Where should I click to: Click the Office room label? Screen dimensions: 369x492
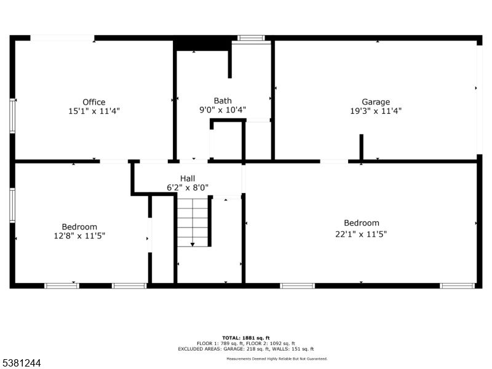click(x=94, y=102)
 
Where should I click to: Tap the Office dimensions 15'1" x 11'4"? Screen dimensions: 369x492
click(x=94, y=111)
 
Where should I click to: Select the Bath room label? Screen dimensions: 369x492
click(x=223, y=101)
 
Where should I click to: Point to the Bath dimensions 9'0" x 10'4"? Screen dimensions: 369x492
click(x=223, y=110)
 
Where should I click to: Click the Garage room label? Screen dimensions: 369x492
click(x=376, y=102)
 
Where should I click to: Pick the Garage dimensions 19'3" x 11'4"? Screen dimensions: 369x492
click(x=376, y=111)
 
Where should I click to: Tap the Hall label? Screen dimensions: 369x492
click(x=188, y=178)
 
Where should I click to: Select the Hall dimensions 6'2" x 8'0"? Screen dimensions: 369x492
click(x=188, y=188)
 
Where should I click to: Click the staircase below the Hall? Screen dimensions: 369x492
click(x=194, y=221)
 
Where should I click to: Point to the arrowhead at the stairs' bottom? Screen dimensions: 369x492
click(x=193, y=244)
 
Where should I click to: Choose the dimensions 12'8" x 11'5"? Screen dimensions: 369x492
click(x=79, y=236)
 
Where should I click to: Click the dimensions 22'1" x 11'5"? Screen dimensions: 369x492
click(x=361, y=233)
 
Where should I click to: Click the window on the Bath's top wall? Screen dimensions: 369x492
click(x=251, y=38)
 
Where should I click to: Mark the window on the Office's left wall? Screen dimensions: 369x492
click(x=12, y=115)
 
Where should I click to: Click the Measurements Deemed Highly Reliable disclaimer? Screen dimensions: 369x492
click(x=277, y=359)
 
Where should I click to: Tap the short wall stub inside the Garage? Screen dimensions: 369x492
click(x=362, y=148)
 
